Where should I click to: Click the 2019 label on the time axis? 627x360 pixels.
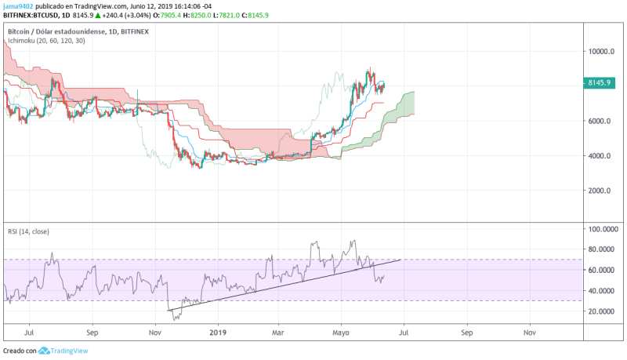point(219,333)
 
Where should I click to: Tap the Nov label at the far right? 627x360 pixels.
point(529,333)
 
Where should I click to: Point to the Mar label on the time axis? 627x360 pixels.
point(279,333)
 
